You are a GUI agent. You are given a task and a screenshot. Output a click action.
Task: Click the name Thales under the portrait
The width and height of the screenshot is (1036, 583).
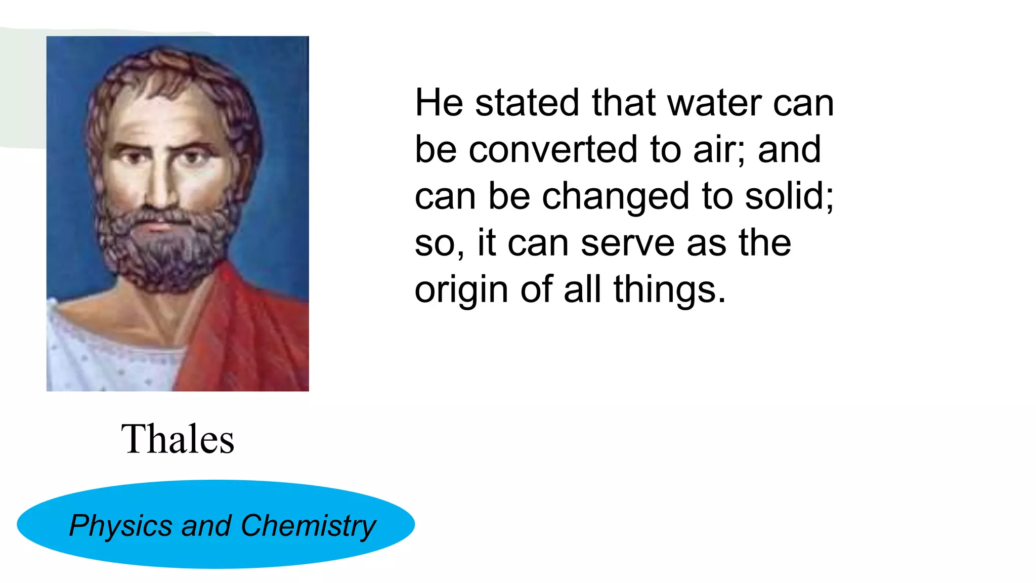click(x=178, y=439)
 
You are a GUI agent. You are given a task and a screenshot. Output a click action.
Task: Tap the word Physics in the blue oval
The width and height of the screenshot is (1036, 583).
click(x=120, y=526)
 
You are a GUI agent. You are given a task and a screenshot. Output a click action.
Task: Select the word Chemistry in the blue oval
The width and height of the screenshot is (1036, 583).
click(x=308, y=526)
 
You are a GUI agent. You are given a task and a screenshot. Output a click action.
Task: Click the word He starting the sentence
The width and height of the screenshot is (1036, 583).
click(x=439, y=103)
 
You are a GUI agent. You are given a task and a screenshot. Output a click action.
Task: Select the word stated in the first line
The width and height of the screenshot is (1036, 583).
click(x=527, y=103)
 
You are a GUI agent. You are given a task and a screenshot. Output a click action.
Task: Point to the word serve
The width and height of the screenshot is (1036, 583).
click(x=627, y=243)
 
